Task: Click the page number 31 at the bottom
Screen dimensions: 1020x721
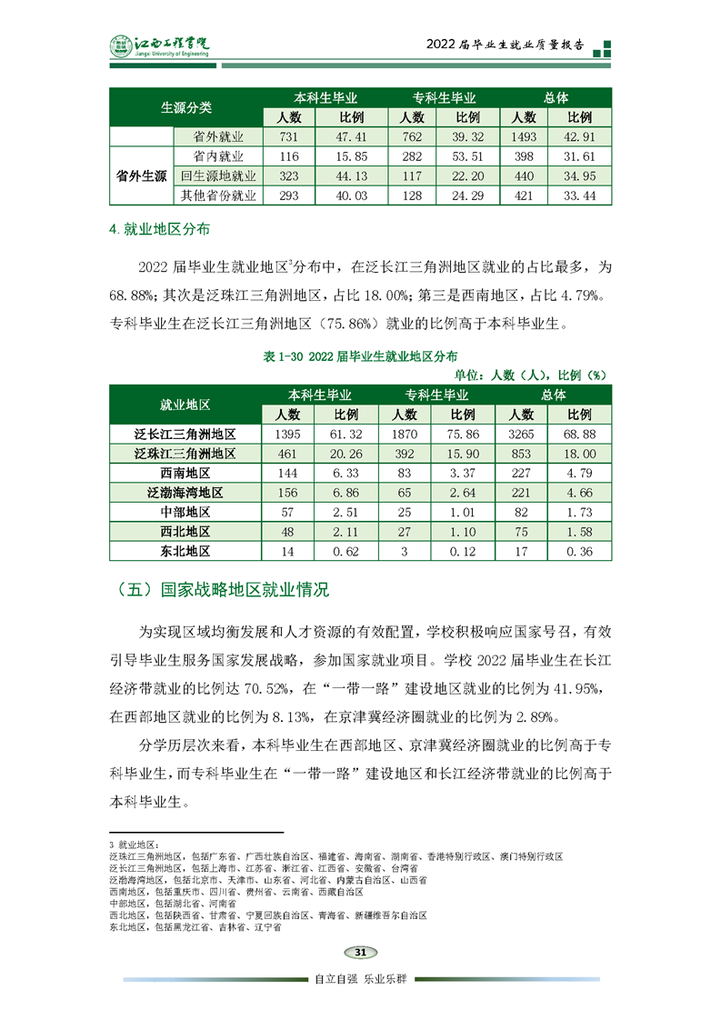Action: (x=360, y=952)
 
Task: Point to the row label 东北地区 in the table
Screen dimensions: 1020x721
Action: (x=185, y=551)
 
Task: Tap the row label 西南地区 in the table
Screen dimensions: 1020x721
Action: (x=185, y=473)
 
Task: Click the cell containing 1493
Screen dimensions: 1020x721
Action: (x=524, y=136)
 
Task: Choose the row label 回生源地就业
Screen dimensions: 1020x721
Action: (x=218, y=175)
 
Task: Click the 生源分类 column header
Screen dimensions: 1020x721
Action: (x=185, y=107)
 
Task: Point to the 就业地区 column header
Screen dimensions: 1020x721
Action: (x=185, y=405)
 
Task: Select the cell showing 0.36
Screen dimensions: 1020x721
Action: (x=580, y=551)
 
